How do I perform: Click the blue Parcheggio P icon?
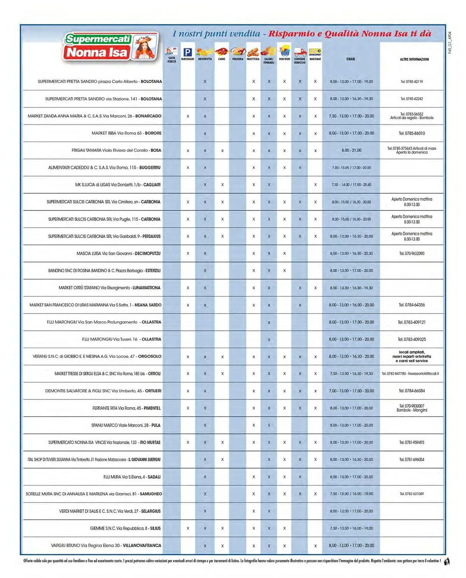[187, 52]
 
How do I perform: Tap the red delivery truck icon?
[300, 53]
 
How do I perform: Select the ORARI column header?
[350, 59]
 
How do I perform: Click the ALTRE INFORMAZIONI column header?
[414, 59]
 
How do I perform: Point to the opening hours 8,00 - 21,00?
[351, 150]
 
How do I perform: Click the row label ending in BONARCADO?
[95, 116]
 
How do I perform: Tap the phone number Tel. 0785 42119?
[411, 81]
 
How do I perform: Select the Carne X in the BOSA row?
[222, 151]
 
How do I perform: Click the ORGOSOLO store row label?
[97, 356]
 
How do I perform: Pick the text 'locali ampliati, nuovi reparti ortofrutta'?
[411, 354]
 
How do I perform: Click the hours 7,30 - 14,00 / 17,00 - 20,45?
[351, 185]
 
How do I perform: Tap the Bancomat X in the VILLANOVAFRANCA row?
[315, 546]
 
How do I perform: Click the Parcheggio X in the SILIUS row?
[188, 528]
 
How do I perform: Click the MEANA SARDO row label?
[95, 305]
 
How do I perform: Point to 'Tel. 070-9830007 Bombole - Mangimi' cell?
[411, 408]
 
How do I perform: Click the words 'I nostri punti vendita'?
[216, 34]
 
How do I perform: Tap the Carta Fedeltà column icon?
[171, 52]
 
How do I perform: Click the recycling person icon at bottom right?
[447, 561]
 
